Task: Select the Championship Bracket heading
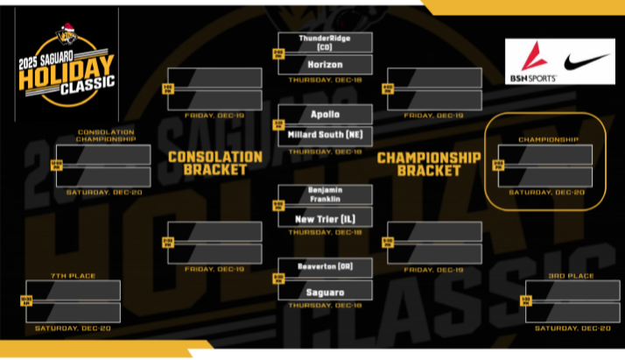click(429, 163)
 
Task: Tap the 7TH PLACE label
click(73, 276)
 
